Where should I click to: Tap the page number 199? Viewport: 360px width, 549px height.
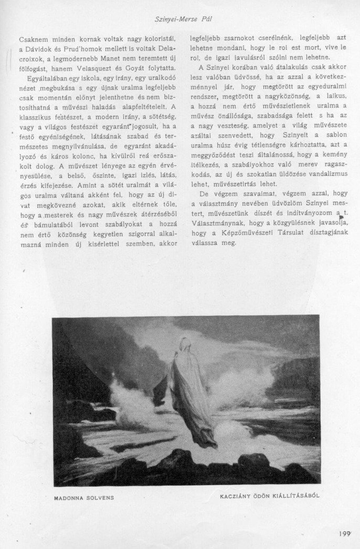pos(344,533)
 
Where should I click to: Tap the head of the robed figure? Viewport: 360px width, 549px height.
pos(185,344)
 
